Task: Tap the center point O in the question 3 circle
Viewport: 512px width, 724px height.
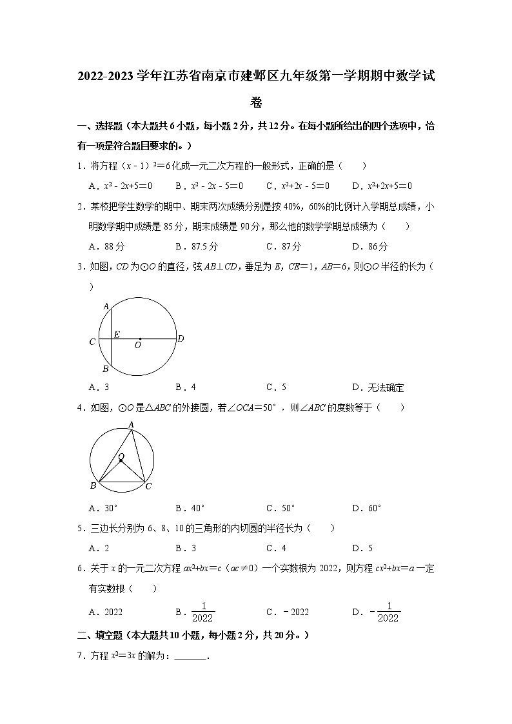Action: [139, 338]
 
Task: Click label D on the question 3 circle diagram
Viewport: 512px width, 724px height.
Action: [181, 338]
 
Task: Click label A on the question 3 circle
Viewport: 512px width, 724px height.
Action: [105, 306]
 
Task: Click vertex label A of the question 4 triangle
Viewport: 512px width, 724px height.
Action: [131, 424]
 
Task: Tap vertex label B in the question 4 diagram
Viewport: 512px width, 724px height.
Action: [93, 486]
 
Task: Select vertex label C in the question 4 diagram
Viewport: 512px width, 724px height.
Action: [148, 486]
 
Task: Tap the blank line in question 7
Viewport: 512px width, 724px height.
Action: [190, 656]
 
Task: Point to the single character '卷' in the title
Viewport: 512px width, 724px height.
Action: [256, 102]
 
